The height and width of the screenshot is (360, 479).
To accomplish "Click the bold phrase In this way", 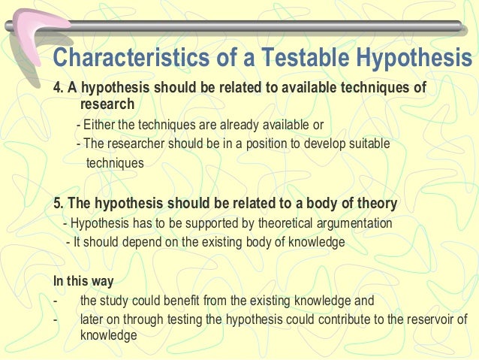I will click(83, 282).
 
